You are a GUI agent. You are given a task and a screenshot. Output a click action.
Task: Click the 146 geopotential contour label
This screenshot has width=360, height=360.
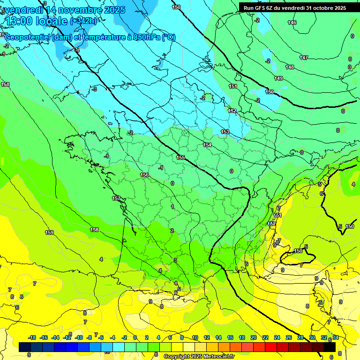point(292,23)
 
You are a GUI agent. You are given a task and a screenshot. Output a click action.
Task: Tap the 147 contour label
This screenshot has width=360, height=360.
point(304,58)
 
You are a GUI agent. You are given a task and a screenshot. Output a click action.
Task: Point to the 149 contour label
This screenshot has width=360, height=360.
point(278,78)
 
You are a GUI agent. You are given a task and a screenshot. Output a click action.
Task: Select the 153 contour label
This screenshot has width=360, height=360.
point(225,132)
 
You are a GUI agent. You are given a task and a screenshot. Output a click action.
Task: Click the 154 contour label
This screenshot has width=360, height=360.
point(207,145)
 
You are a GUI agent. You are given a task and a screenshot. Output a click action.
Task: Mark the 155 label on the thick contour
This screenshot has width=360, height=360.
point(181,157)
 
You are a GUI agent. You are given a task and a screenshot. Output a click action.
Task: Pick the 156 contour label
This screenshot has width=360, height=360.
point(144,175)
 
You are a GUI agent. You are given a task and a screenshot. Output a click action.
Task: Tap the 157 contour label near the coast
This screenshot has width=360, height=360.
point(116,198)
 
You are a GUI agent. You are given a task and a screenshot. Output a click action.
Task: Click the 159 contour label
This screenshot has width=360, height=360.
point(49,232)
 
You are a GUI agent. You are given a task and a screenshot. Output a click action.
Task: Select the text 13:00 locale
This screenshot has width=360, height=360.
point(36,21)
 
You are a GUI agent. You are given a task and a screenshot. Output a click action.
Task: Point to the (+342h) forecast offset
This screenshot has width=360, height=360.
point(83,21)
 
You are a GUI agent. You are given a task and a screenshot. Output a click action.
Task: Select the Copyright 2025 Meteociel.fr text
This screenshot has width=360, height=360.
point(199,356)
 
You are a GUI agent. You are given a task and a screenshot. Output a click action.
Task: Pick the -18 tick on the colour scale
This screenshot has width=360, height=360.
point(32,337)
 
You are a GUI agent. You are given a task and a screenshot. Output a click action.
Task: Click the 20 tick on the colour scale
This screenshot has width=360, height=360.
point(253,337)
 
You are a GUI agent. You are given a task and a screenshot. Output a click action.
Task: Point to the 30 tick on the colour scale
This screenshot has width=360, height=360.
point(312,337)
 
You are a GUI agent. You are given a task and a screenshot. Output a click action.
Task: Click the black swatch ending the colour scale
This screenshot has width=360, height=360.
point(330,347)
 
